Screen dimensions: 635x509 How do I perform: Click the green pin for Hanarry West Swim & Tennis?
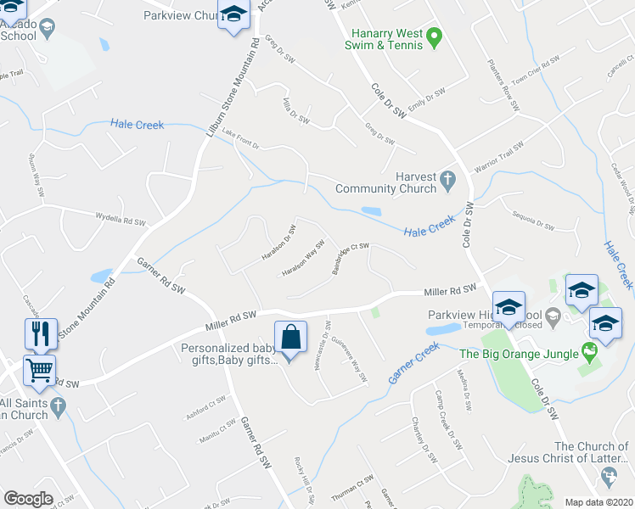click(x=434, y=36)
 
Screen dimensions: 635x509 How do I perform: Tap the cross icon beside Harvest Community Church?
click(x=449, y=180)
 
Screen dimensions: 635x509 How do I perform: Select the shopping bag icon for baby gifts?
click(x=290, y=335)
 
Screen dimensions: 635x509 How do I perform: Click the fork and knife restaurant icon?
click(x=41, y=333)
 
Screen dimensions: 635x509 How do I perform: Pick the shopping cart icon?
click(x=40, y=370)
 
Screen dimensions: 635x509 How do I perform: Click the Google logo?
click(x=28, y=499)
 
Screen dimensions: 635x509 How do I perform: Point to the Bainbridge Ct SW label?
click(x=349, y=259)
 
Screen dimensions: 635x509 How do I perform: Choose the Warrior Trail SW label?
click(x=500, y=159)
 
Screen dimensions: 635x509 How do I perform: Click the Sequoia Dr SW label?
click(x=532, y=223)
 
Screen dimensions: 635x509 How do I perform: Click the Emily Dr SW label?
click(x=427, y=100)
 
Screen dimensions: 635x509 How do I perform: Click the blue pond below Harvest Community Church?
click(x=372, y=211)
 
